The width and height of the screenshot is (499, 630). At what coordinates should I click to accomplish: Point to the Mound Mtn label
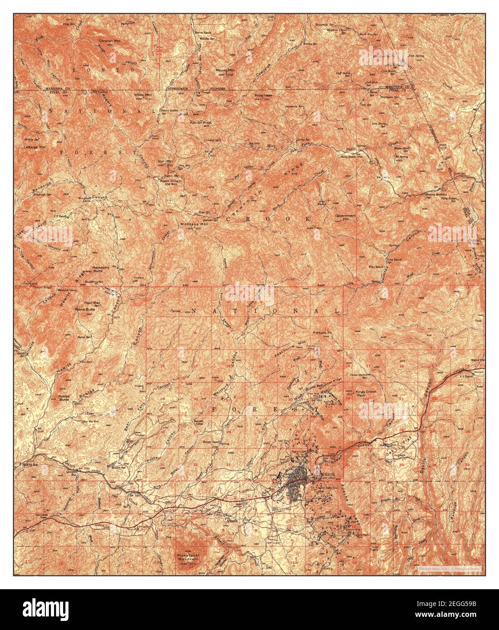[x=225, y=71]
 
